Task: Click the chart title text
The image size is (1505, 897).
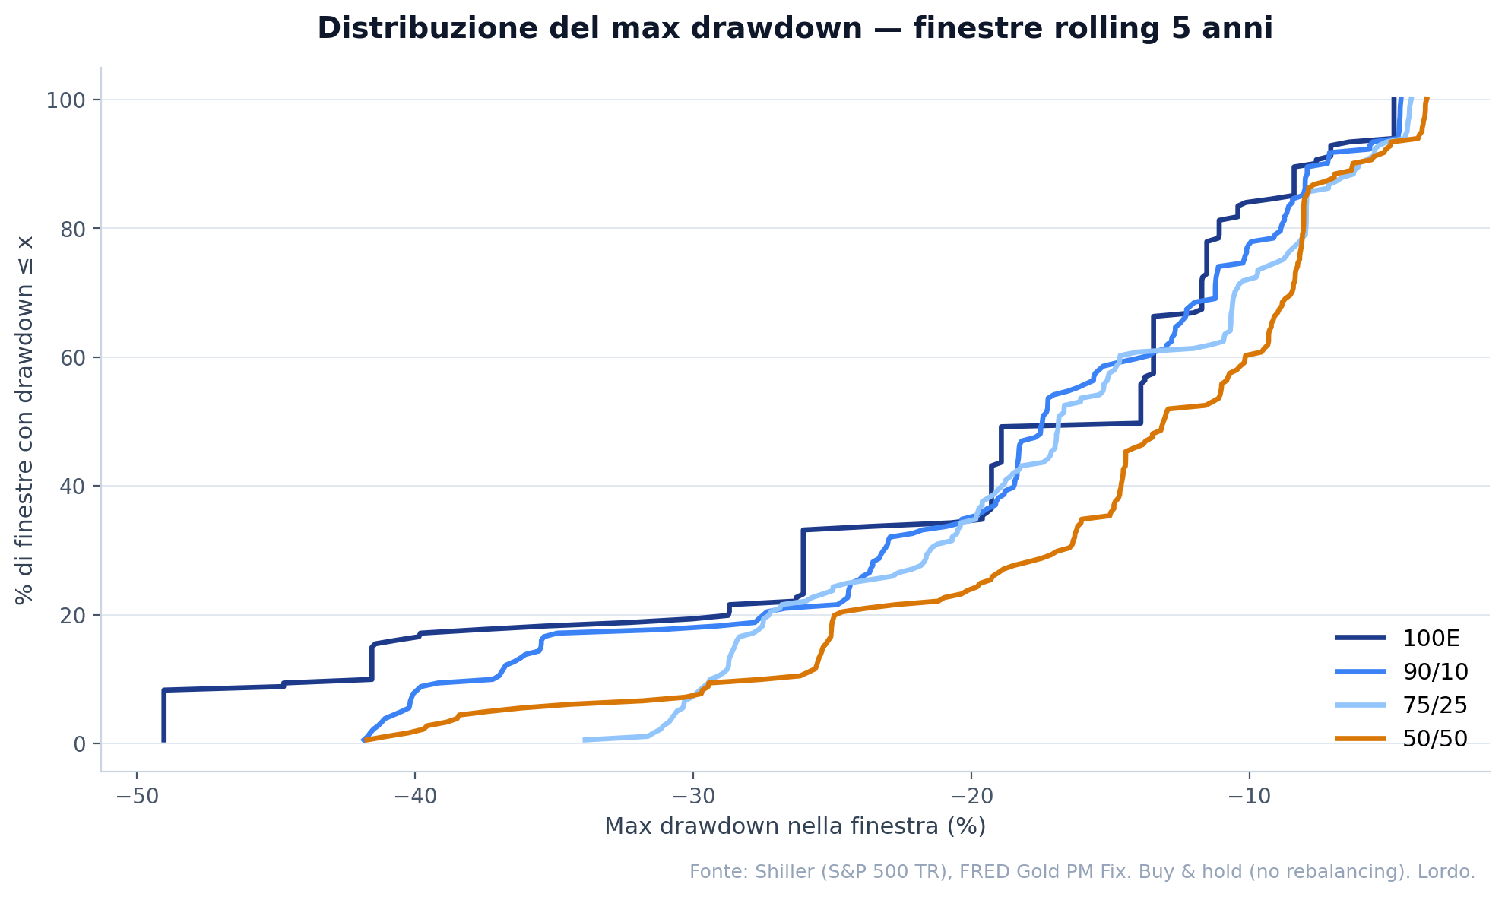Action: point(794,29)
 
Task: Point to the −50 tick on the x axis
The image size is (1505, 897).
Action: point(137,797)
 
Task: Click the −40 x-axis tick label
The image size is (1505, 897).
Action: point(415,797)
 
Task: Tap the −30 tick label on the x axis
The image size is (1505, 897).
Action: point(693,797)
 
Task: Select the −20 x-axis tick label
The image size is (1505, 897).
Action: point(971,797)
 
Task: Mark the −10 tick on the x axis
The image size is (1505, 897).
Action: point(1250,797)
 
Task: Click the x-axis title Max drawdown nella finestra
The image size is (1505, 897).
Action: point(794,826)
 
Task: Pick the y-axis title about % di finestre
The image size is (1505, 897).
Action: point(25,420)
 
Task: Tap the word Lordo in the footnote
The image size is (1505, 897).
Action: point(1451,872)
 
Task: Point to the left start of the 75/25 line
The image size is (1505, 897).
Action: point(585,740)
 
